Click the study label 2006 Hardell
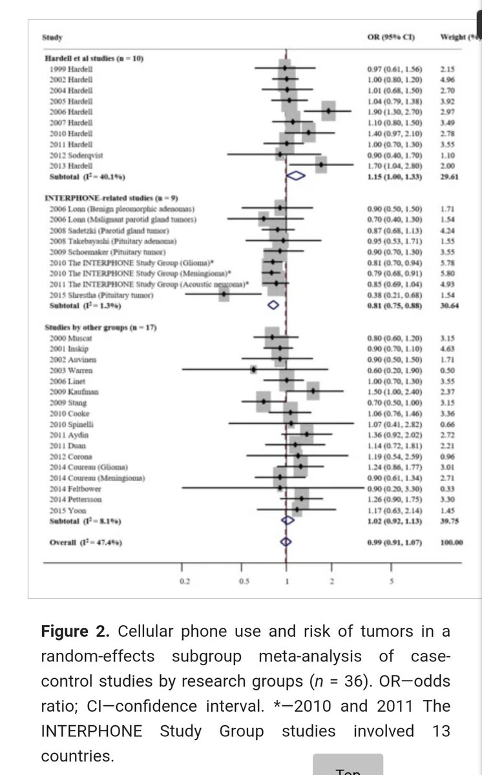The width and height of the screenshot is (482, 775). click(70, 111)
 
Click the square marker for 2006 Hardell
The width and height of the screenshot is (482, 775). click(329, 111)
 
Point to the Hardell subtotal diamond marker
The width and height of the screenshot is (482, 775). click(296, 175)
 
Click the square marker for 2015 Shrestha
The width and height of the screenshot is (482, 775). click(224, 295)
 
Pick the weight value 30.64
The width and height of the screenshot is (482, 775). click(449, 306)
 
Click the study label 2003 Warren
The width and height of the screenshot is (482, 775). click(70, 370)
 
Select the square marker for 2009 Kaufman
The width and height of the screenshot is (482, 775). click(313, 391)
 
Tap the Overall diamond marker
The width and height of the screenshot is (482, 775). click(286, 542)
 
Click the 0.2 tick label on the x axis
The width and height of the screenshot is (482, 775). click(185, 581)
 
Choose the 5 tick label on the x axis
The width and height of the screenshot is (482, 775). click(392, 581)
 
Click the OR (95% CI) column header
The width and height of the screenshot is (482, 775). click(390, 37)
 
